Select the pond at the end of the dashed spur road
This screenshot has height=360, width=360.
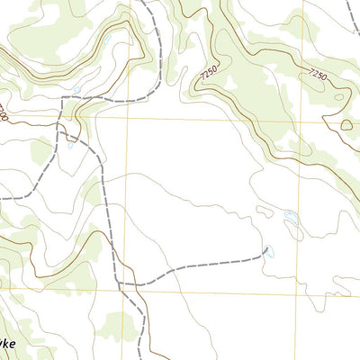click(267, 251)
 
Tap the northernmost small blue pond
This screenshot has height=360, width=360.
click(106, 40)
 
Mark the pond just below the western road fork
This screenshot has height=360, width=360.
click(69, 145)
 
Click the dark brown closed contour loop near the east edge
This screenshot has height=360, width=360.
click(346, 125)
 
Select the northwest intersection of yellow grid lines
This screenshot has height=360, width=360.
click(130, 117)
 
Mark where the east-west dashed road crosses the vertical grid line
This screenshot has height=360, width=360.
click(130, 97)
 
